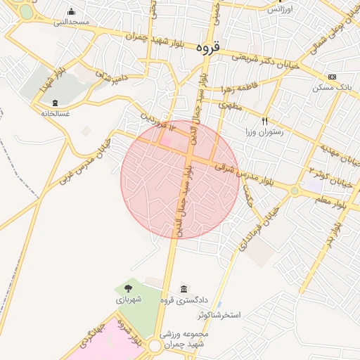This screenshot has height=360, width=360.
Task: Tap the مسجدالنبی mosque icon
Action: (72, 12)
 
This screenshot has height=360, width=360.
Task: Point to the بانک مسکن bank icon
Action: (332, 77)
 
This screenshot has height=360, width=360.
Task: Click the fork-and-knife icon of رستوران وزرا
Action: (264, 121)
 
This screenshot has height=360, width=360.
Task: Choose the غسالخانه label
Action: (56, 112)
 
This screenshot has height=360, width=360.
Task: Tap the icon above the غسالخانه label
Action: (56, 103)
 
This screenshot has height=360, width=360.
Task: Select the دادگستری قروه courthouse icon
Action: (184, 290)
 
